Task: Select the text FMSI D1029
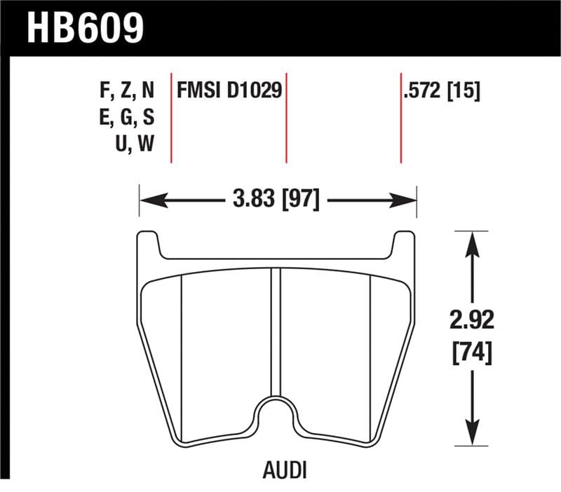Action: (229, 91)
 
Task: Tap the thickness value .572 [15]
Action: (441, 91)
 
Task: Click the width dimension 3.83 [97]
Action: (276, 200)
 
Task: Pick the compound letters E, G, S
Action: (127, 117)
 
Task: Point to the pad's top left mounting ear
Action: (148, 245)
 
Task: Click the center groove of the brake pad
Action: (276, 329)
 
